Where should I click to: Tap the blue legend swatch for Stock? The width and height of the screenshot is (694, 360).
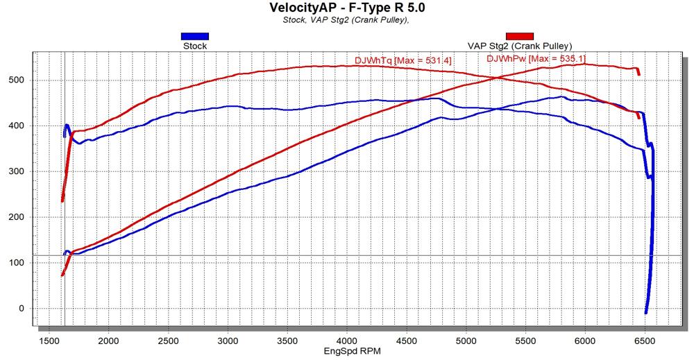click(x=194, y=36)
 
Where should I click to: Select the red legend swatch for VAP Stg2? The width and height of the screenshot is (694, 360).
click(x=519, y=36)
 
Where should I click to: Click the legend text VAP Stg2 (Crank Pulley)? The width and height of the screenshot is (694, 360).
click(x=519, y=46)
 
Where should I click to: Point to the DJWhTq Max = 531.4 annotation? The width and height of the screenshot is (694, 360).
click(x=403, y=61)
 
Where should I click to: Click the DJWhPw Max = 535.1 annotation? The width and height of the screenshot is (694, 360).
click(x=536, y=59)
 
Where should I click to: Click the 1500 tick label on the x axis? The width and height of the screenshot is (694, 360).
click(x=49, y=341)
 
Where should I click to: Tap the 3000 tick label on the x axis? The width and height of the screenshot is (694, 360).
click(x=228, y=341)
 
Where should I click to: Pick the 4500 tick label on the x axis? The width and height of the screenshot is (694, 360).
click(x=407, y=341)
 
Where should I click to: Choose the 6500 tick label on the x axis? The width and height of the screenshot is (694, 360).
click(x=645, y=341)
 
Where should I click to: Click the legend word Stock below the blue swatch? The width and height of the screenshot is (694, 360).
click(x=194, y=46)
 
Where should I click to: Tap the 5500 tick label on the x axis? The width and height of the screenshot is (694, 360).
click(x=526, y=341)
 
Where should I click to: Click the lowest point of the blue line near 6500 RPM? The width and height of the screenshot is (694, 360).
click(x=646, y=313)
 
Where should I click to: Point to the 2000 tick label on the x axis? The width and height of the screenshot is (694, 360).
click(x=108, y=341)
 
